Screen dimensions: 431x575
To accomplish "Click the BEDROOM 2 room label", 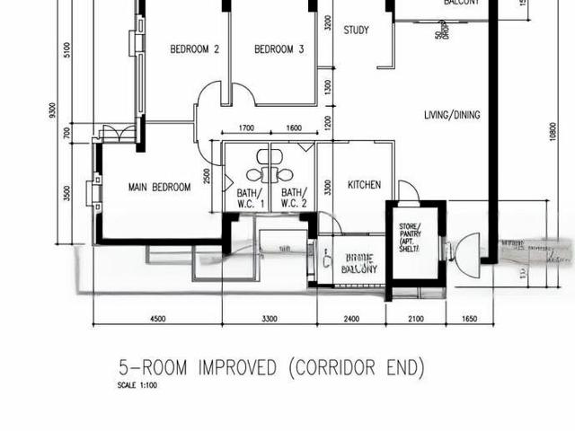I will click(195, 50).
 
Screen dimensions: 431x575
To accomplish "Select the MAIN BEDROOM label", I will click(159, 188).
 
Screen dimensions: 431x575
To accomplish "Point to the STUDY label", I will click(356, 31).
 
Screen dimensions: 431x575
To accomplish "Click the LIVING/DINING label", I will click(452, 115).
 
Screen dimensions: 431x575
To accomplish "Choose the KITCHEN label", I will click(364, 185).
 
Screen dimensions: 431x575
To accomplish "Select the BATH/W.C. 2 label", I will click(294, 198).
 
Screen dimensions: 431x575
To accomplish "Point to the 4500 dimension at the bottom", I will click(157, 318).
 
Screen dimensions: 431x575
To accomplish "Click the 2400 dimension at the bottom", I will click(350, 318).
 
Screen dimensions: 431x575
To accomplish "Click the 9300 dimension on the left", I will click(54, 113).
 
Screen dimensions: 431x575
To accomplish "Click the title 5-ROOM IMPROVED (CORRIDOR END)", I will click(271, 368).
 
